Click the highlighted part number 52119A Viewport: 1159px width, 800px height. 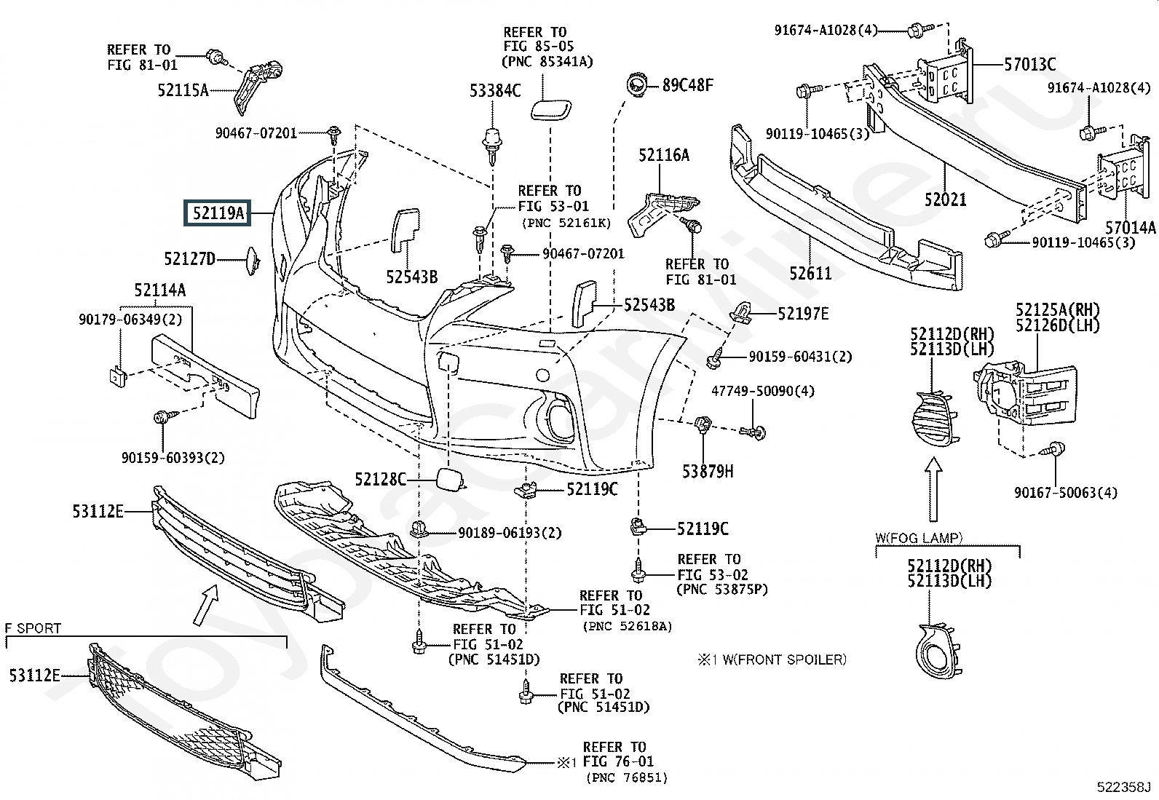[x=218, y=213]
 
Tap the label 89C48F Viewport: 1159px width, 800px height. [x=687, y=85]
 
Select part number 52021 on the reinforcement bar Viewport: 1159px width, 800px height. [x=946, y=198]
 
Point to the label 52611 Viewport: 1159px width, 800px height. [x=810, y=273]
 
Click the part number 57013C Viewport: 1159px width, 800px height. [x=1029, y=65]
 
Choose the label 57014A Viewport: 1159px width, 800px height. [x=1130, y=228]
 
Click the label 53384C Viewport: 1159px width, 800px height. [x=495, y=91]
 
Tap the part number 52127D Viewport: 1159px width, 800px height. [x=189, y=258]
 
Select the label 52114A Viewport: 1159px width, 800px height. [x=159, y=290]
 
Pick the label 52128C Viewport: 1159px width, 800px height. [x=380, y=479]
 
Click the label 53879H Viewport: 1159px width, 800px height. [x=708, y=472]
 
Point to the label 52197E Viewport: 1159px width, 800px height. [x=802, y=314]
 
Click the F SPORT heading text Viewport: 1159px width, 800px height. [x=33, y=627]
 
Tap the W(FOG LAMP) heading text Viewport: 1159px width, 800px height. [x=919, y=539]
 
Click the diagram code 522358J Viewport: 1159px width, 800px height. [x=1123, y=787]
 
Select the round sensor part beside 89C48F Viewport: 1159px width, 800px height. [x=637, y=85]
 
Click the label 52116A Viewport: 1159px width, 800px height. [x=664, y=155]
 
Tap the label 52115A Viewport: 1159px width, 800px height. [x=183, y=90]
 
